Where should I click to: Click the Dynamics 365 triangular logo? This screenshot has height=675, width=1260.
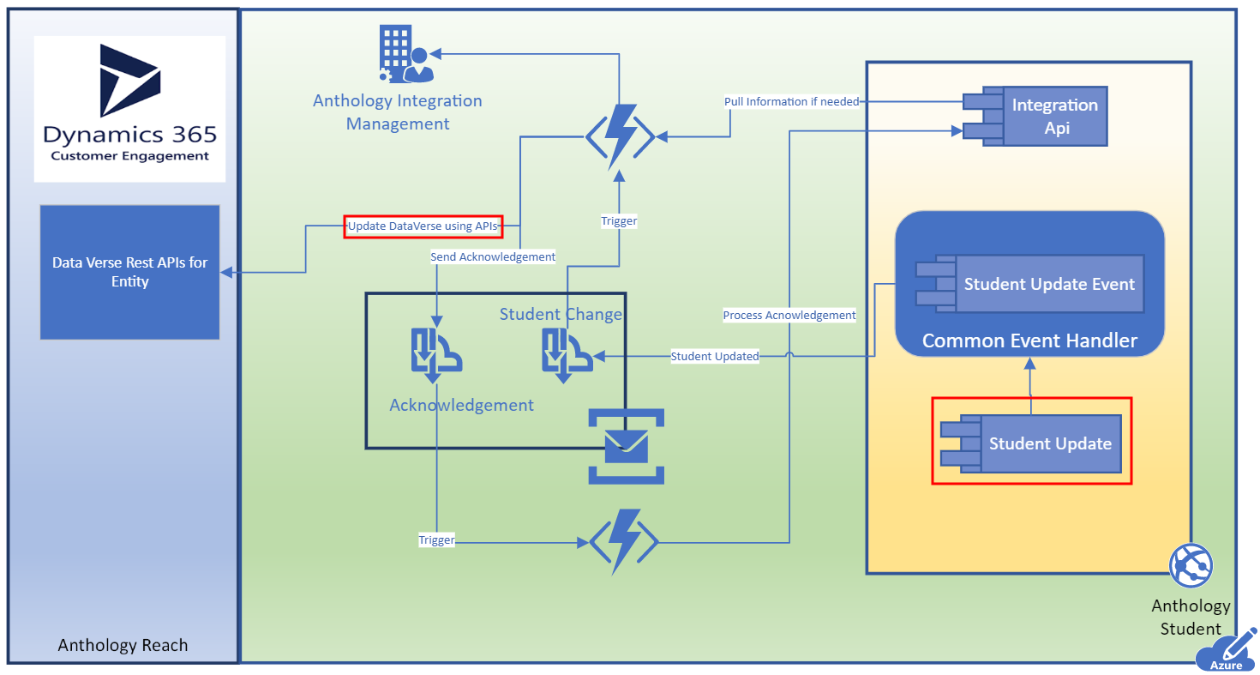click(x=129, y=80)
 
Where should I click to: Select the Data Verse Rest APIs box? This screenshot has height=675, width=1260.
click(x=130, y=272)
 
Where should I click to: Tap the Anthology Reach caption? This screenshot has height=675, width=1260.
click(x=123, y=645)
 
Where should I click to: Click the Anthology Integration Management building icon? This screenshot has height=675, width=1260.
click(x=406, y=53)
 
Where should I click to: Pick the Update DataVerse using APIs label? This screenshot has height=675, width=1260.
click(x=423, y=226)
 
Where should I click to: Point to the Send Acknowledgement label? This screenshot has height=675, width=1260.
click(x=493, y=256)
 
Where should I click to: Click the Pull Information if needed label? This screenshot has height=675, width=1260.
click(x=791, y=102)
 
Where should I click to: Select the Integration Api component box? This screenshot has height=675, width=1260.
click(x=1035, y=116)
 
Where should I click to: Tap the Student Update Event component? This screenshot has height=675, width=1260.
click(x=1030, y=284)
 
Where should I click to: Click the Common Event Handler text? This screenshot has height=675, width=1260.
click(x=1029, y=341)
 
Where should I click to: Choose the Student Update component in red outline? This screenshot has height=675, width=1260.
click(x=1031, y=443)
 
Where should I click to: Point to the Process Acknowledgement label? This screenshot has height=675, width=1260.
click(x=789, y=316)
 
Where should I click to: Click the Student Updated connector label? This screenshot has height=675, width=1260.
click(x=714, y=356)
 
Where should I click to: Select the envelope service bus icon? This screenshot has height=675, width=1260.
click(x=626, y=447)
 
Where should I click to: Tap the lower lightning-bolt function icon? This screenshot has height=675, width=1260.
click(x=624, y=541)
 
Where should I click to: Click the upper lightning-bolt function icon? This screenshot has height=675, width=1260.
click(x=621, y=137)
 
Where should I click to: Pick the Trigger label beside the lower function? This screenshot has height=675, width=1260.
click(x=436, y=539)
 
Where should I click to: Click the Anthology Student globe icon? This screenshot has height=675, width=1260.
click(x=1191, y=565)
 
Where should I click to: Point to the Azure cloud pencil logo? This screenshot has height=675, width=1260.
click(x=1227, y=651)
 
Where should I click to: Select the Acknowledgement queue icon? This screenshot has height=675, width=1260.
click(x=436, y=355)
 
